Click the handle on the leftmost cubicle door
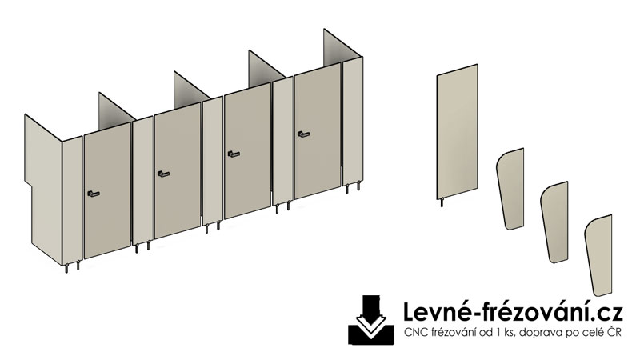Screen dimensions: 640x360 click(x=94, y=194)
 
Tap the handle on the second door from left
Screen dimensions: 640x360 click(x=163, y=174)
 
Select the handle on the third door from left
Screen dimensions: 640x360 click(x=234, y=154)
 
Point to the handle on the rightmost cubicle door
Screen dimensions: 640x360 click(x=303, y=134)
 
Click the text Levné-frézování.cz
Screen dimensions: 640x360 click(x=513, y=312)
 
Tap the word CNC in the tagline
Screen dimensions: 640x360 click(x=414, y=333)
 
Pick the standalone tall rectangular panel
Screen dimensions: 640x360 click(x=457, y=131)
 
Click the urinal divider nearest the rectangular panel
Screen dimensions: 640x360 click(x=510, y=189)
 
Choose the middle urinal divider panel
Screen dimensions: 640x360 click(x=554, y=222)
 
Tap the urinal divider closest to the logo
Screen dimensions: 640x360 click(x=598, y=255)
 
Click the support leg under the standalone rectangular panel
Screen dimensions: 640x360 click(x=442, y=202)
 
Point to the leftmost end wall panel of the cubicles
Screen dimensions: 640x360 click(x=43, y=188)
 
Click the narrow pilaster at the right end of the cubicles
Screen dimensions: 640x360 click(x=353, y=122)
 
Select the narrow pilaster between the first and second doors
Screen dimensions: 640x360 click(x=143, y=181)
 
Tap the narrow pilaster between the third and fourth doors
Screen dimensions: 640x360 click(x=283, y=142)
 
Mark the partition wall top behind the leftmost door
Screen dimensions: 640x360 click(x=116, y=107)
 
